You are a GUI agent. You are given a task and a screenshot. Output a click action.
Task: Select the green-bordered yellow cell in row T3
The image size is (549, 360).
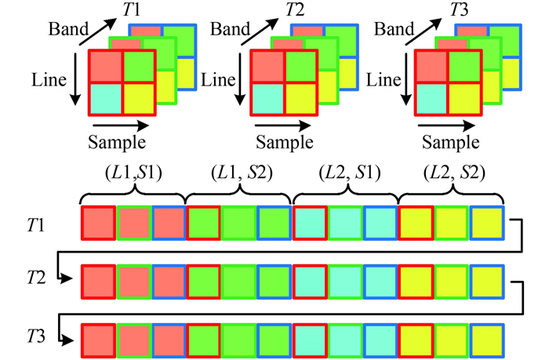(451, 339)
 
